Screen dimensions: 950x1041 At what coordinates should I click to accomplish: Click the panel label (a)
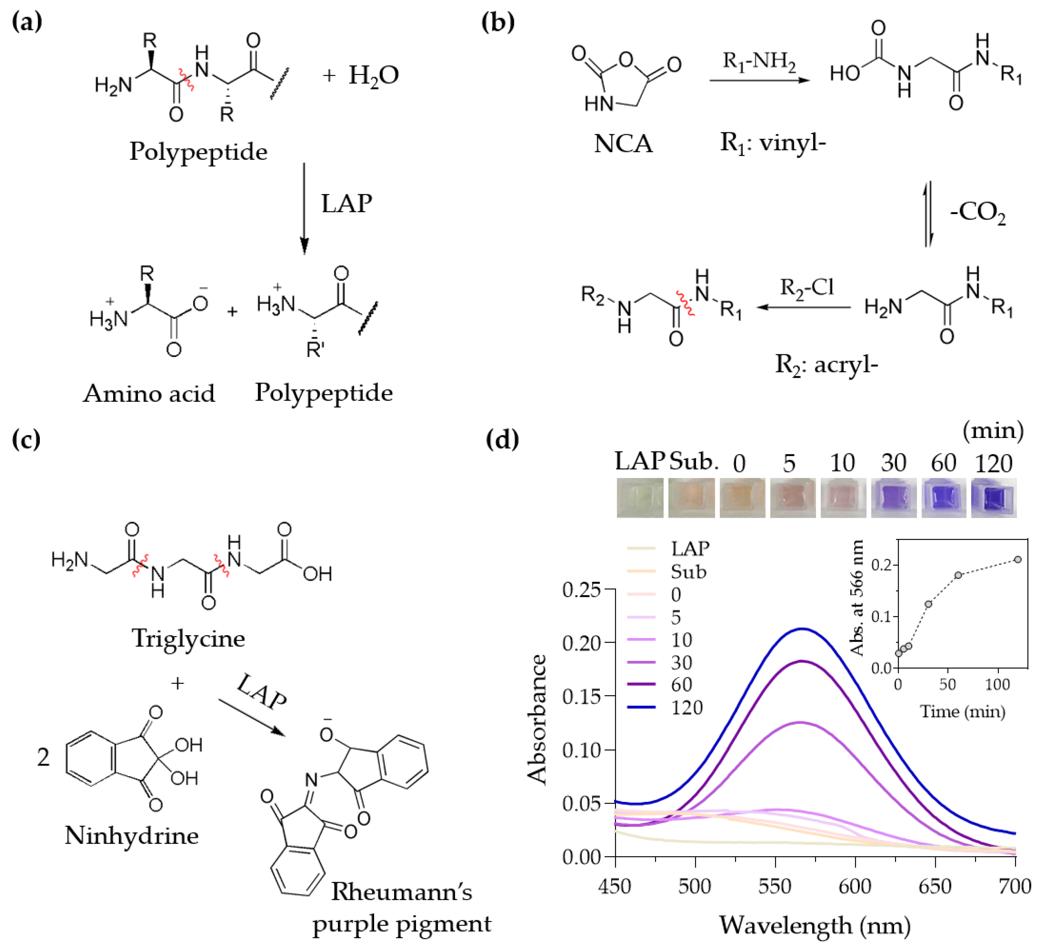pos(27,22)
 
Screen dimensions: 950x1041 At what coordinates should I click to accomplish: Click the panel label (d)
pos(502,440)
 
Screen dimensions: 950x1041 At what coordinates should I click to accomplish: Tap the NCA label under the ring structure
pos(623,143)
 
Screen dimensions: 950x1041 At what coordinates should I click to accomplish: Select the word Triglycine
pos(188,639)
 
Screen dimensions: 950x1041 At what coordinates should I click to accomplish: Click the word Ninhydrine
pos(131,835)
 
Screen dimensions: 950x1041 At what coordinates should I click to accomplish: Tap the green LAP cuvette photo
pos(640,498)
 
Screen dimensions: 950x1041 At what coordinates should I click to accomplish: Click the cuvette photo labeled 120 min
pos(994,498)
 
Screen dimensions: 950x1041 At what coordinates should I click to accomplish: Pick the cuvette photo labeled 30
pos(893,498)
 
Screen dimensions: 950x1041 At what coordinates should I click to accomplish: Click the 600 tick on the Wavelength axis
pos(855,886)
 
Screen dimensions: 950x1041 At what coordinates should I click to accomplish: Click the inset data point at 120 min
pos(1018,559)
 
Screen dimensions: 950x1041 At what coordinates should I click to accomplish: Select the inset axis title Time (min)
pos(963,712)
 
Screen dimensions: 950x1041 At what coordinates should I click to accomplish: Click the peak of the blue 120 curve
pos(802,629)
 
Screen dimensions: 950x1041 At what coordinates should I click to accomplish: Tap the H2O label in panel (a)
pos(373,75)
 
